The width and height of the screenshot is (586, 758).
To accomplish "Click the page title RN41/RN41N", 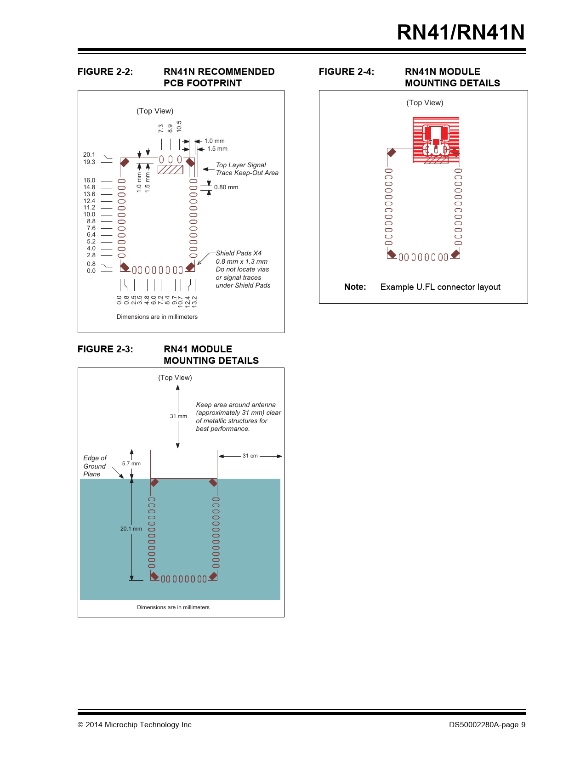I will tap(461, 32).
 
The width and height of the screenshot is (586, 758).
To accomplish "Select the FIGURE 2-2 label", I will tap(105, 72).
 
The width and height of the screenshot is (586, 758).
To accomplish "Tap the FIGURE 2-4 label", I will tap(347, 72).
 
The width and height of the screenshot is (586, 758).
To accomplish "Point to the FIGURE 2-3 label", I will tap(105, 349).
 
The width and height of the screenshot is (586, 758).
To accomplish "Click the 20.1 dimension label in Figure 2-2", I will tap(89, 155).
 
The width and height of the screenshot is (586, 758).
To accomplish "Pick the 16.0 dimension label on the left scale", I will tap(89, 181).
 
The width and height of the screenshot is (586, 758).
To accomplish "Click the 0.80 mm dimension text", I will tap(226, 187).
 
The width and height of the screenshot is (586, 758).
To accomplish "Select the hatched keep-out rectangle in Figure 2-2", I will tap(171, 170).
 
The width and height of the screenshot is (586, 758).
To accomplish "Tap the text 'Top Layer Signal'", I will tap(241, 165).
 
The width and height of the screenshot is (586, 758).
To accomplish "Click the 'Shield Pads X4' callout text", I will tap(239, 253).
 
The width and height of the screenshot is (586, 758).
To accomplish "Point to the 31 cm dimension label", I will tap(250, 456).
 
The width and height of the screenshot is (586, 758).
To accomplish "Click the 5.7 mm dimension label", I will tap(131, 464).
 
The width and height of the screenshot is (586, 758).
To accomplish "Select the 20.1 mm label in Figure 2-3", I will tap(131, 529).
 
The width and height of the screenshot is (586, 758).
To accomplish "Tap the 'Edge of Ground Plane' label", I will tap(95, 466).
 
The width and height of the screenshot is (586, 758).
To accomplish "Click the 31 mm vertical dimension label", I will tap(178, 416).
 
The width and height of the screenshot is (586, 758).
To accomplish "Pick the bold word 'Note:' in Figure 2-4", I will tap(355, 287).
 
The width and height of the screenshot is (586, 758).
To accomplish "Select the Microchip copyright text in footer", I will tap(136, 724).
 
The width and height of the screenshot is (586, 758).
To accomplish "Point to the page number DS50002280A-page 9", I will tap(487, 724).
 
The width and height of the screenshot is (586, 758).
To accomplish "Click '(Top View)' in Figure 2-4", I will tap(425, 103).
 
